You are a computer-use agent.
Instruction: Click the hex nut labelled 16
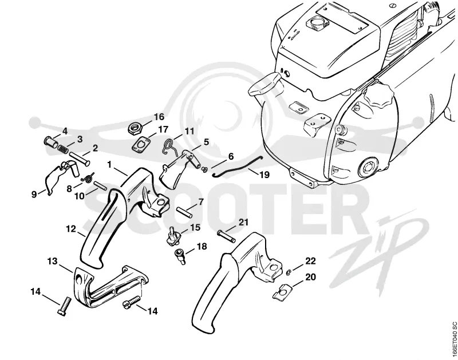(135, 128)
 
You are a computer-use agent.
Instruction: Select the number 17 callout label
(163, 129)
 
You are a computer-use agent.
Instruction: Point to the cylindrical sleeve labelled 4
(50, 143)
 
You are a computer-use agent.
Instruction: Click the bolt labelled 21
(226, 236)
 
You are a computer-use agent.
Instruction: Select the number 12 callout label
(71, 229)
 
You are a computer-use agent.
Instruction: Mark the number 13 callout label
(53, 261)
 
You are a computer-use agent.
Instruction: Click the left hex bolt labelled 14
(64, 306)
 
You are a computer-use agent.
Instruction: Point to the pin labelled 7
(184, 212)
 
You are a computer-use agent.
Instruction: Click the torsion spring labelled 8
(88, 177)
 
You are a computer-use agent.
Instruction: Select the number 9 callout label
(34, 195)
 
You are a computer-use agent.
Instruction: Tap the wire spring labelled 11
(169, 145)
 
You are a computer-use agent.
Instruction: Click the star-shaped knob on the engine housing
(377, 97)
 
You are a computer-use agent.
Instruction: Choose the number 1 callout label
(109, 165)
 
